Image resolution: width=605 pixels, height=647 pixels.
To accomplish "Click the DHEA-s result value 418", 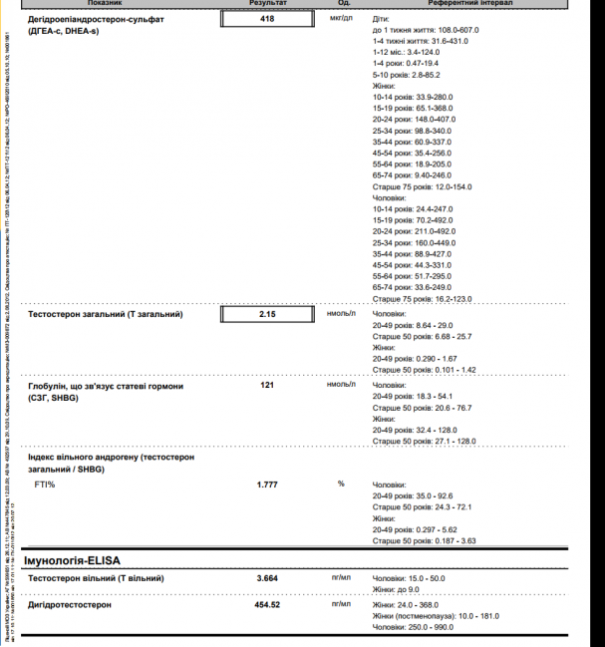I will (267, 19).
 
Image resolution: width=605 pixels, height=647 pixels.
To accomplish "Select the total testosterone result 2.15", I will (267, 314).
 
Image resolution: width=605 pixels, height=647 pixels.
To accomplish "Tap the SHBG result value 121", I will (267, 384).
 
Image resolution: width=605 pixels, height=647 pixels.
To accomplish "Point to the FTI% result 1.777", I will (267, 484).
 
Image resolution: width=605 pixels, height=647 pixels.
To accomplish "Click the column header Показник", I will (104, 4).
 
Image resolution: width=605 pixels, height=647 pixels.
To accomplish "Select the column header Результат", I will (267, 4).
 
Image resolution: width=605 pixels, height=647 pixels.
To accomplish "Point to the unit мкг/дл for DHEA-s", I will (341, 19).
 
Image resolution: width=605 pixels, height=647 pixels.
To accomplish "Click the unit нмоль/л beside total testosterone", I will (341, 314).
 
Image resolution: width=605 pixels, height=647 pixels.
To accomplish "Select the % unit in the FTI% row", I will (341, 484).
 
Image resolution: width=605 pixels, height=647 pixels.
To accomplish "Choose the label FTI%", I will (45, 484).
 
